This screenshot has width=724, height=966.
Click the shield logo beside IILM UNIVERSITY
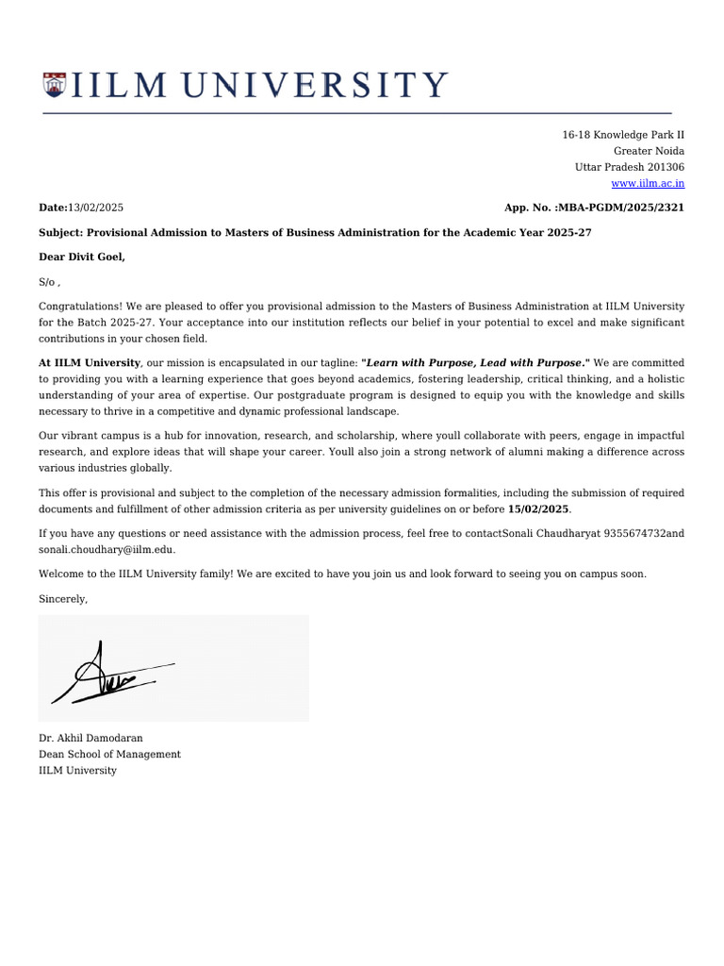click(55, 85)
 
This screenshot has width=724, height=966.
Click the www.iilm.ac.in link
click(648, 183)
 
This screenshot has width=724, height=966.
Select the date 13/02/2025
click(96, 208)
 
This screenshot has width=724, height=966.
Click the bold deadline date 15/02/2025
click(538, 509)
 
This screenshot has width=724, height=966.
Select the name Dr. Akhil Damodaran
click(90, 738)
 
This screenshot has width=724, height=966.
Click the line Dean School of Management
click(109, 755)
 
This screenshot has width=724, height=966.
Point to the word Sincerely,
click(63, 599)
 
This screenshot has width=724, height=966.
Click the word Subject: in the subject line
click(61, 232)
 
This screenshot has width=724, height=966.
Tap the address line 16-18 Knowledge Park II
click(623, 135)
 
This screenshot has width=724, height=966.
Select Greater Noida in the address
click(649, 151)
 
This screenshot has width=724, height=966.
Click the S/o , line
click(49, 282)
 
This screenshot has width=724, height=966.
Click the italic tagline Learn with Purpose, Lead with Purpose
click(474, 362)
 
